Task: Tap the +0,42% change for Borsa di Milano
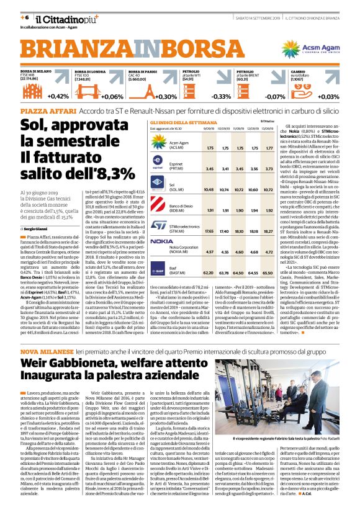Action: click(58, 96)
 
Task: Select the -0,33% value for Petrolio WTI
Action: click(204, 96)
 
